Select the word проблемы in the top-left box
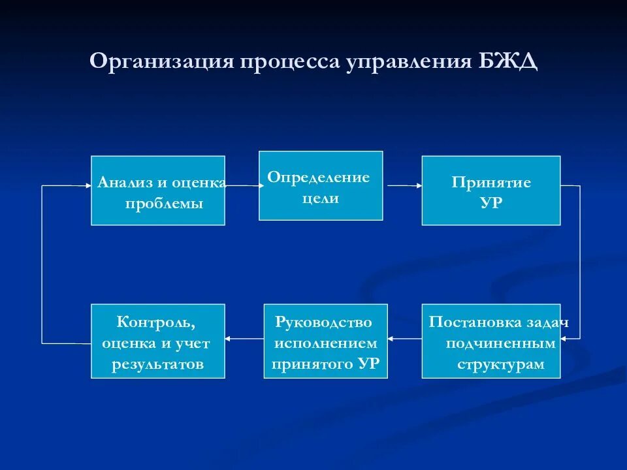click(x=164, y=204)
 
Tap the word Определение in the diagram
click(x=319, y=178)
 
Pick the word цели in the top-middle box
click(x=321, y=198)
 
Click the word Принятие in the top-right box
click(x=491, y=182)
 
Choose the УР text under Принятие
click(x=491, y=203)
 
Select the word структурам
click(x=500, y=364)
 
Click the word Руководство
click(x=324, y=322)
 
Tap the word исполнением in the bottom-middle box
click(x=325, y=343)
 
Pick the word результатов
click(x=158, y=364)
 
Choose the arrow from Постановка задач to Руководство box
click(x=404, y=338)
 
